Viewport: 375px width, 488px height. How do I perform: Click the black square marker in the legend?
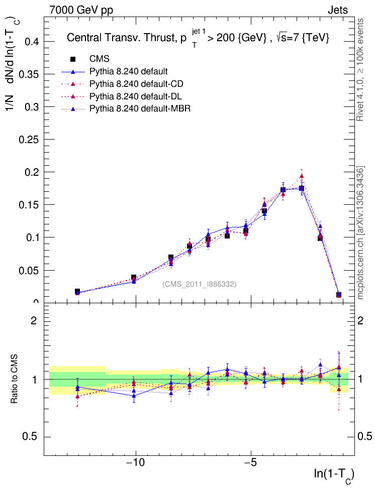coord(74,59)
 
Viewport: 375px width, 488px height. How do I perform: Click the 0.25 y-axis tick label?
coord(29,140)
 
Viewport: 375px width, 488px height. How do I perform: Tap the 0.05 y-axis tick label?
coord(29,270)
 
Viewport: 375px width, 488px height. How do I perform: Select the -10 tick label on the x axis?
coord(135,463)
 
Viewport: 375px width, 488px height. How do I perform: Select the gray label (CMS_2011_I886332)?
coord(199,284)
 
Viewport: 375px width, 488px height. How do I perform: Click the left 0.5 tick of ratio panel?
coord(32,436)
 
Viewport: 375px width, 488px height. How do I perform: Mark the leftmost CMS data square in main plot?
coord(77,291)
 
